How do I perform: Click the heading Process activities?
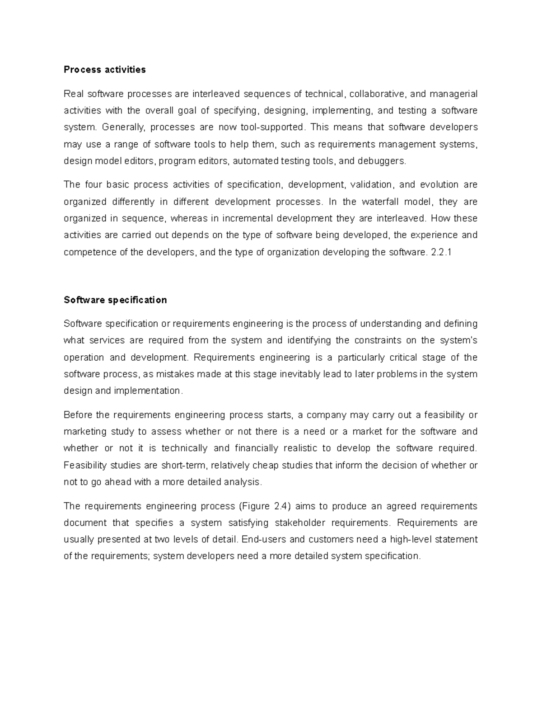coord(104,70)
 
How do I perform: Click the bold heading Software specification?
coord(115,300)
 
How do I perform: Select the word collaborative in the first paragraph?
coord(378,94)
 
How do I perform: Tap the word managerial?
coord(453,94)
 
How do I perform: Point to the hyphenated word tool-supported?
coord(270,127)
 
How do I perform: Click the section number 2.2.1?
coord(441,252)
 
